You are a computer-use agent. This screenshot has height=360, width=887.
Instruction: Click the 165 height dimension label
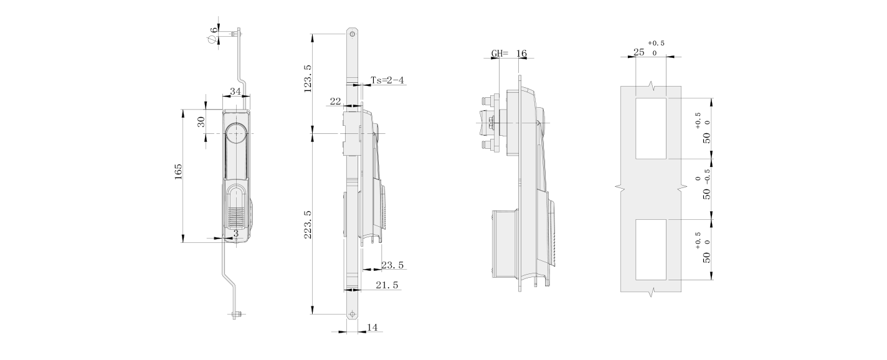179,171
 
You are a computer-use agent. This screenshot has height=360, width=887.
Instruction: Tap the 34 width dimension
235,92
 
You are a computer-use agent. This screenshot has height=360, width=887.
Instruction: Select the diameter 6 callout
212,35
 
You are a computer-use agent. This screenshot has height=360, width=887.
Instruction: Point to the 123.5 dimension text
308,79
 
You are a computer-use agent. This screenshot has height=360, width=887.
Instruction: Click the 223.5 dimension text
308,225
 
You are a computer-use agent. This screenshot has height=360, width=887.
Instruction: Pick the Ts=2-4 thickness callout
387,80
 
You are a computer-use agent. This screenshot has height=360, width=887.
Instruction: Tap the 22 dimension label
335,102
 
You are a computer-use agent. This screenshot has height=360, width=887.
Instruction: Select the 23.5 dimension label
392,265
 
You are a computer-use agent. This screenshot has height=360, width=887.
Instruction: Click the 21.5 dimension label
387,285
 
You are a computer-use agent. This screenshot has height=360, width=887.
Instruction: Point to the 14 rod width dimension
372,328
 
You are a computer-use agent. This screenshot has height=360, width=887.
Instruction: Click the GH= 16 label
510,54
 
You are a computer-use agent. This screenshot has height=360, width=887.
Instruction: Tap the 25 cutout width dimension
638,52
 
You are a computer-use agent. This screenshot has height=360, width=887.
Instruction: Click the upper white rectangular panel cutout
651,128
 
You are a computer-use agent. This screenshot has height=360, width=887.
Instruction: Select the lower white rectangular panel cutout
651,250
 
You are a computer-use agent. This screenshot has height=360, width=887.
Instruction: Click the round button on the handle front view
236,133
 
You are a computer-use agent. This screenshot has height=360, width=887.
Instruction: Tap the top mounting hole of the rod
352,34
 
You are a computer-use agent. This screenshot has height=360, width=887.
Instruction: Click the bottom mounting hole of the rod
352,315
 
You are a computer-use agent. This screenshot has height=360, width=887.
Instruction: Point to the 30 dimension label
202,121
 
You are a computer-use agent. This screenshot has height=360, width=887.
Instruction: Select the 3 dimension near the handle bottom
237,234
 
